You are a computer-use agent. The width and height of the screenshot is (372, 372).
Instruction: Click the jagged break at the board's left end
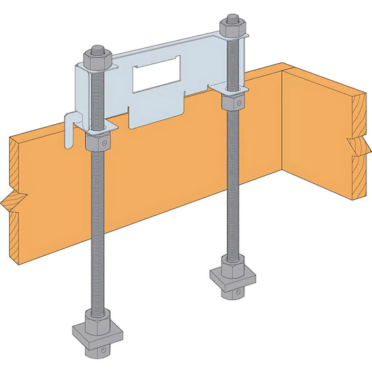coord(13,202)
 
